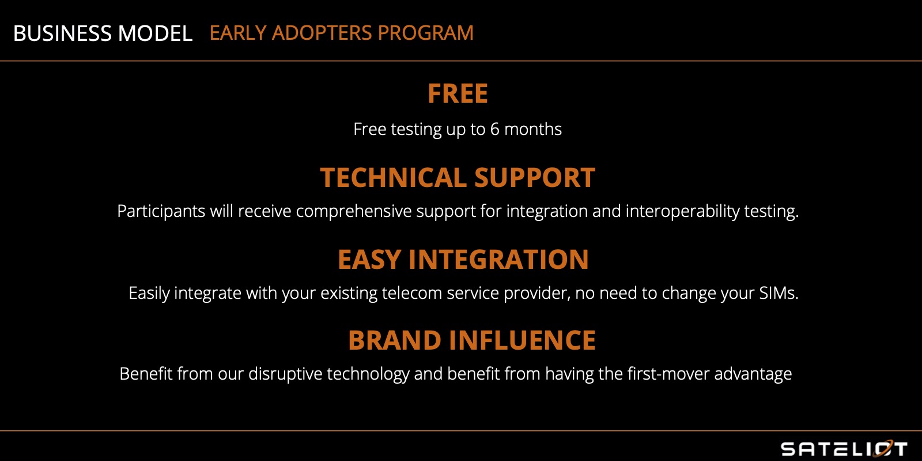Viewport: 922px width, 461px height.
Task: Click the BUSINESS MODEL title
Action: coord(103,33)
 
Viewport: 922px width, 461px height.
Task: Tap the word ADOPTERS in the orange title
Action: coord(322,33)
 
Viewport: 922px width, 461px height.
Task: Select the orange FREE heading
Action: coord(458,93)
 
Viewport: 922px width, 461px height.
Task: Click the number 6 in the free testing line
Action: coord(495,129)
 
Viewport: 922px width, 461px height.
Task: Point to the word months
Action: coord(533,129)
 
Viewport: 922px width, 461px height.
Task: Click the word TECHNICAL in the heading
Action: coord(393,178)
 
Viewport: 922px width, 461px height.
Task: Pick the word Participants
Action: coord(161,211)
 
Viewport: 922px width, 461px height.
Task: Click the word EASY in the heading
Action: coord(369,260)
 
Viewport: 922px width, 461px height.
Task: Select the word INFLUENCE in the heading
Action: coord(522,340)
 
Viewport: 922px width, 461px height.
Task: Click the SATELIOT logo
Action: coord(844,448)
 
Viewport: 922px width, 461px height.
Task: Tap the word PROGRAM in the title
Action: coord(426,33)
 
